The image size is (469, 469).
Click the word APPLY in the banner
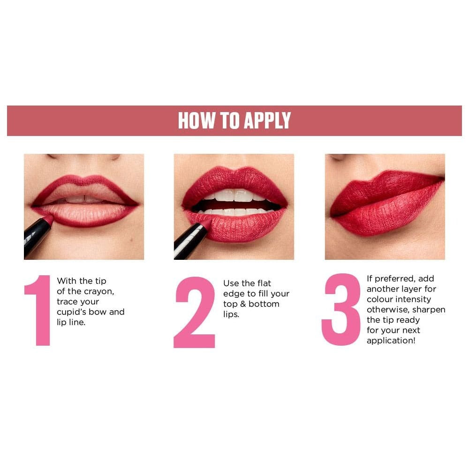(x=267, y=121)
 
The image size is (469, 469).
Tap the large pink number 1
(x=38, y=310)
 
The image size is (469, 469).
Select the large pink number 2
(x=195, y=312)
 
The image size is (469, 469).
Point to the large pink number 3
(x=341, y=310)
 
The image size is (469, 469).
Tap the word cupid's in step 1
(x=71, y=312)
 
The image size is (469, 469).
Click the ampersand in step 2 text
(x=242, y=304)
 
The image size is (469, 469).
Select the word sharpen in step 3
(x=429, y=310)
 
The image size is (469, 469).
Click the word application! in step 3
(x=391, y=340)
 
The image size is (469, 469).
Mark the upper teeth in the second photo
(x=234, y=195)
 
